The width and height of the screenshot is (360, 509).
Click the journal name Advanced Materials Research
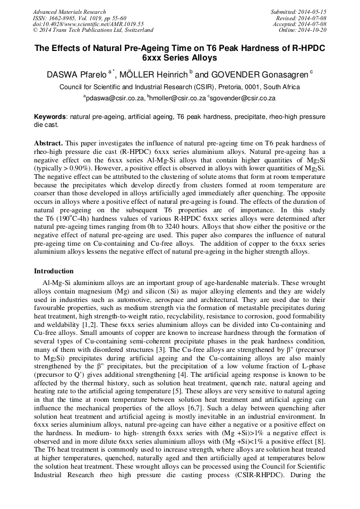[70, 12]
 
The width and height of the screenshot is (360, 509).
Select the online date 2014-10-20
[312, 30]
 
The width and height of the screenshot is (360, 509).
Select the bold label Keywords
[50, 117]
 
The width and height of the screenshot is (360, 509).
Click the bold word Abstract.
[49, 144]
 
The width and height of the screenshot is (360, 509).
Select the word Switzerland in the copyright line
[137, 30]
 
